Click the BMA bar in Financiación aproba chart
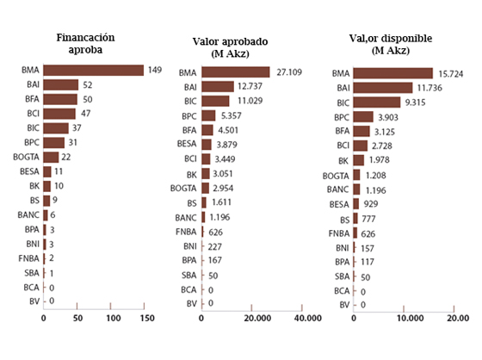pyautogui.click(x=94, y=70)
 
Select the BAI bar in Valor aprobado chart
pyautogui.click(x=218, y=87)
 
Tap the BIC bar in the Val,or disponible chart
pyautogui.click(x=377, y=102)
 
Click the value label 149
pyautogui.click(x=155, y=70)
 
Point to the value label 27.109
pyautogui.click(x=289, y=72)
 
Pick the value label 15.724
pyautogui.click(x=451, y=74)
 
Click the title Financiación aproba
pyautogui.click(x=85, y=43)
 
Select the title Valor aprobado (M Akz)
pyautogui.click(x=231, y=47)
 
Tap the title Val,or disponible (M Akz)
pyautogui.click(x=391, y=44)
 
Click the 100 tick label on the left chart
pyautogui.click(x=114, y=318)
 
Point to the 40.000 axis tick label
pyautogui.click(x=308, y=318)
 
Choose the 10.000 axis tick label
pyautogui.click(x=410, y=318)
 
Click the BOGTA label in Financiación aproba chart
pyautogui.click(x=26, y=157)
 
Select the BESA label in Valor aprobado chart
pyautogui.click(x=187, y=144)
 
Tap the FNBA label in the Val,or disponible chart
pyautogui.click(x=339, y=233)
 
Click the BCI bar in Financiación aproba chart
pyautogui.click(x=59, y=114)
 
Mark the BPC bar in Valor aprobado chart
pyautogui.click(x=208, y=115)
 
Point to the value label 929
pyautogui.click(x=371, y=204)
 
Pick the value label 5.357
pyautogui.click(x=232, y=115)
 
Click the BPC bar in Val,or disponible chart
pyautogui.click(x=363, y=117)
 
